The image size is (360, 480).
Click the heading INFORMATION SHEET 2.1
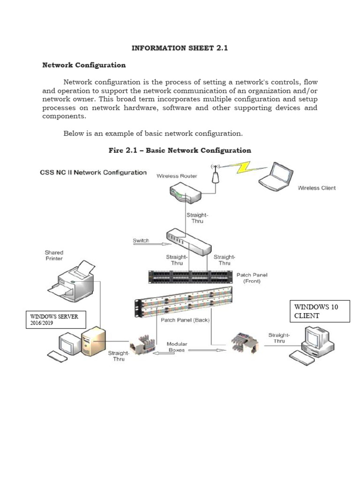point(180,48)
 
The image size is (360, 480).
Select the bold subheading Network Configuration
point(84,65)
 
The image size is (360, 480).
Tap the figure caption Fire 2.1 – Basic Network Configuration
point(180,150)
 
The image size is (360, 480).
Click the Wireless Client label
point(316,188)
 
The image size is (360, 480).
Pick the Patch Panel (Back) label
point(185,320)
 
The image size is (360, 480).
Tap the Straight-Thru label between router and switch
point(195,218)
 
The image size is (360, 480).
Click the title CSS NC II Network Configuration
point(92,172)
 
